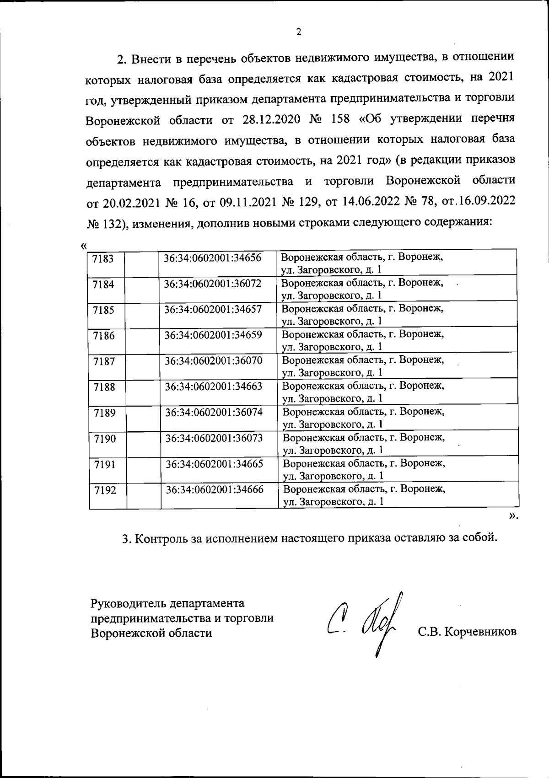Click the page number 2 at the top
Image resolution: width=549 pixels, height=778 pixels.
pyautogui.click(x=298, y=32)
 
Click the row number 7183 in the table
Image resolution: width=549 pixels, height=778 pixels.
pyautogui.click(x=103, y=258)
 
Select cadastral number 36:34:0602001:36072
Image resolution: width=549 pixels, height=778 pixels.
pyautogui.click(x=213, y=284)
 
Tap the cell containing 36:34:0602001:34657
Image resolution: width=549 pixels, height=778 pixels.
pyautogui.click(x=213, y=309)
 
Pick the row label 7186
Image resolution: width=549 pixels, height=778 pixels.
pyautogui.click(x=104, y=336)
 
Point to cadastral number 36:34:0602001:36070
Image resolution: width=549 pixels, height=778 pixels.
pyautogui.click(x=214, y=360)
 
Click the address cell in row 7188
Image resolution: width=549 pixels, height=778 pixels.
pyautogui.click(x=364, y=392)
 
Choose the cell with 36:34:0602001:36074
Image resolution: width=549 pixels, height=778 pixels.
pyautogui.click(x=214, y=412)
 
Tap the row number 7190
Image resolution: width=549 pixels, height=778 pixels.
pyautogui.click(x=105, y=439)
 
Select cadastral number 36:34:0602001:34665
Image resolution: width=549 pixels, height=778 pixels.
pyautogui.click(x=214, y=464)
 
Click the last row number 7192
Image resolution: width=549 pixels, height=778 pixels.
pyautogui.click(x=105, y=490)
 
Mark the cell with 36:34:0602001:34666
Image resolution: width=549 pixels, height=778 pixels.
pyautogui.click(x=215, y=489)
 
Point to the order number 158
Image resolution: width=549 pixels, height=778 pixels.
pyautogui.click(x=339, y=120)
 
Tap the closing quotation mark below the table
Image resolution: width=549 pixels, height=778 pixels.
pyautogui.click(x=513, y=515)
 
